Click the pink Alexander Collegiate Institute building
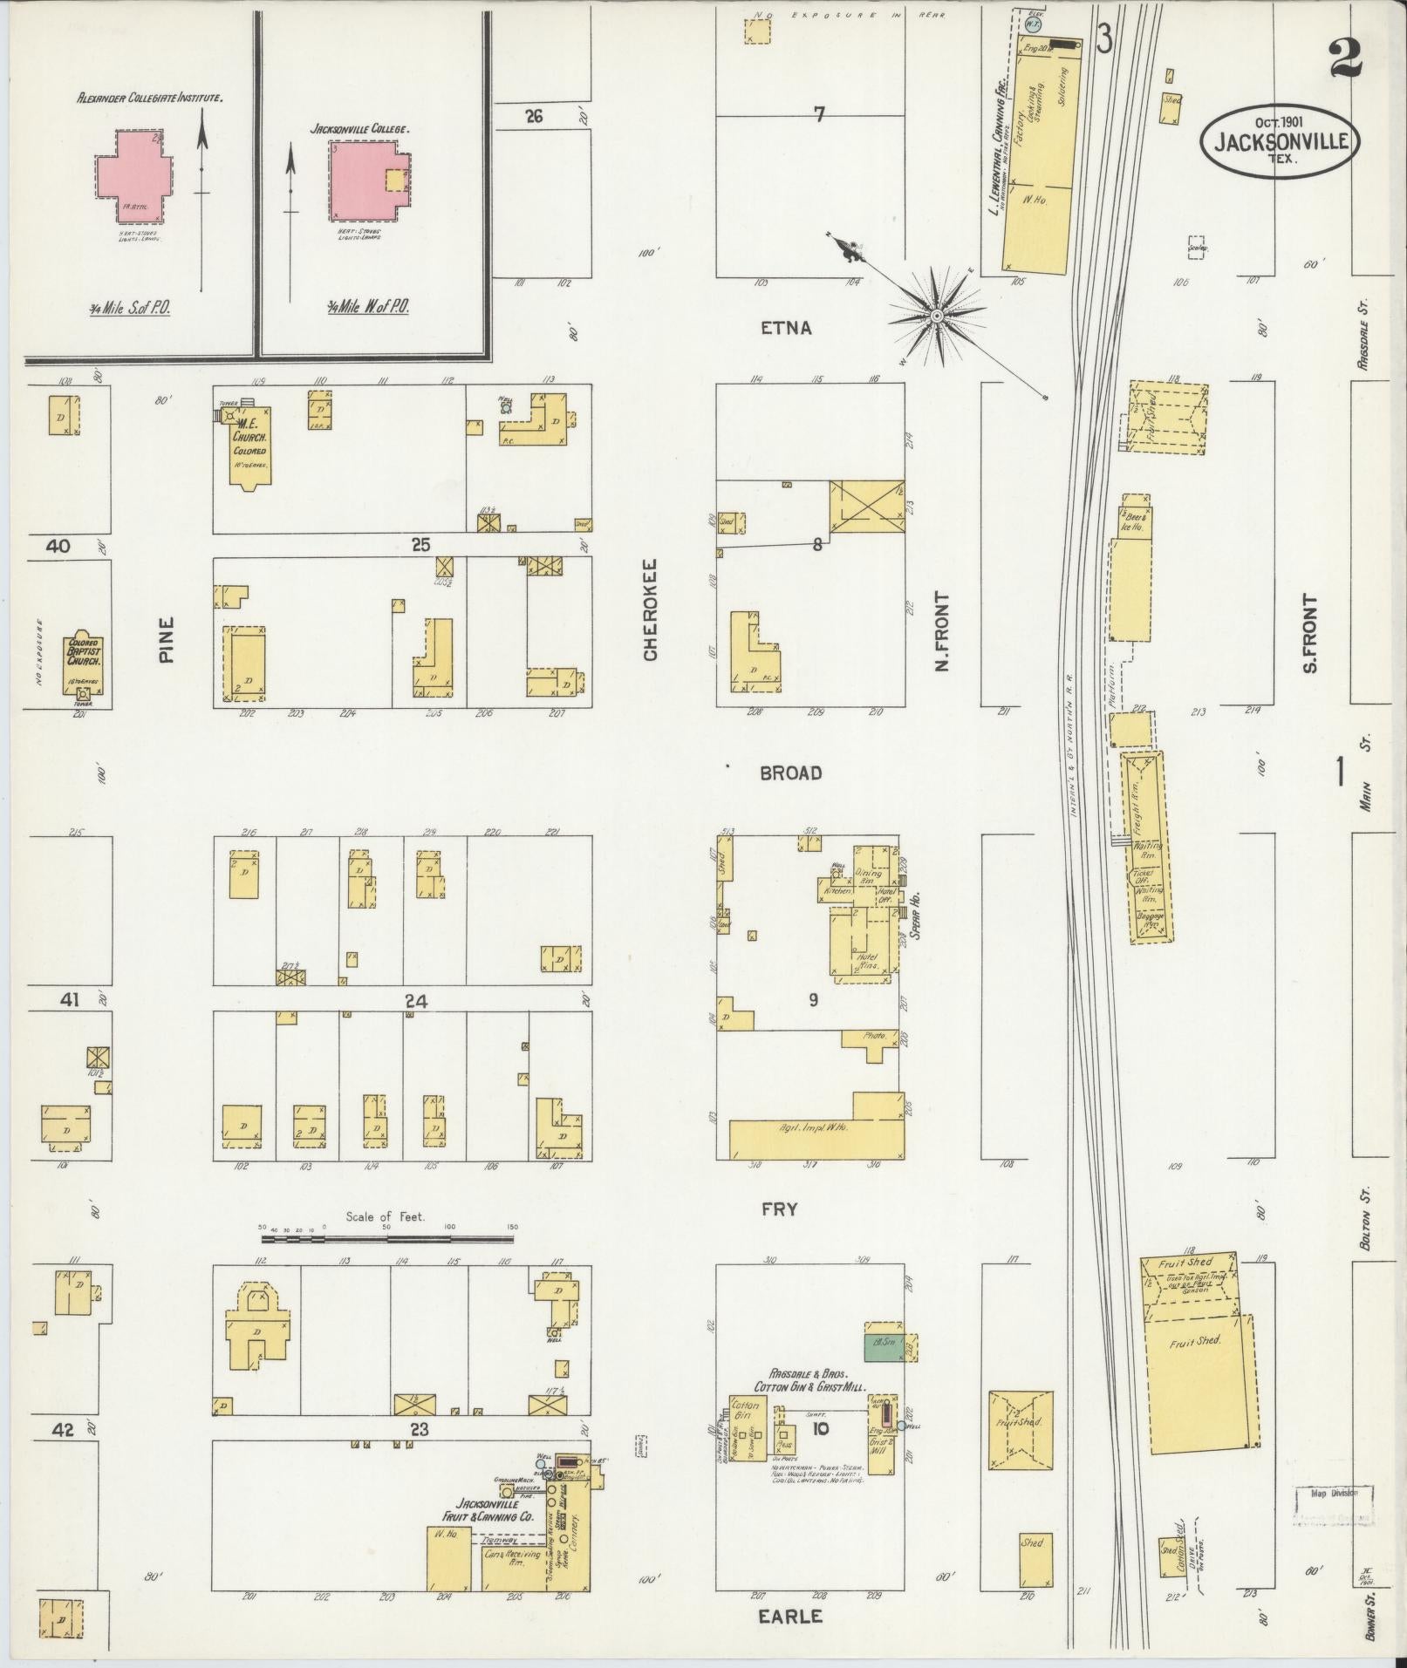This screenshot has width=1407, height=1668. click(x=133, y=175)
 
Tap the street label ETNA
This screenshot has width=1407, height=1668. click(x=786, y=328)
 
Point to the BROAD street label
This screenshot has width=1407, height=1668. click(x=790, y=773)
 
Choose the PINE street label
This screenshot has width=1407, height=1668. click(x=167, y=640)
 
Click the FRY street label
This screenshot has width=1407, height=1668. click(x=780, y=1208)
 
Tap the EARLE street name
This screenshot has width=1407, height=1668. click(x=789, y=1616)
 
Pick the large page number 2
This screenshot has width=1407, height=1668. click(x=1347, y=61)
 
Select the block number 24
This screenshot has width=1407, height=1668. click(x=416, y=1002)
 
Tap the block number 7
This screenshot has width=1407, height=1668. click(x=819, y=114)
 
